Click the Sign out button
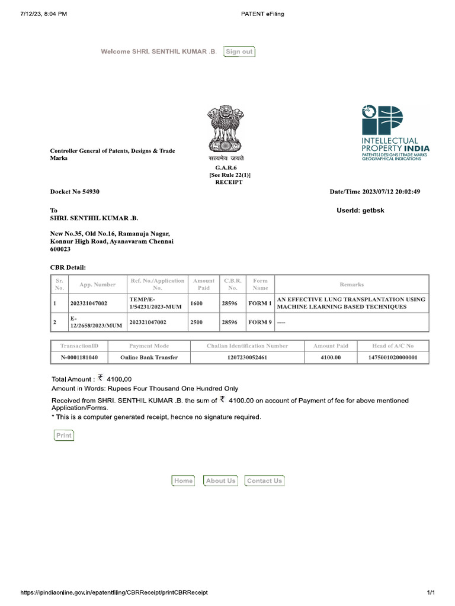(x=239, y=51)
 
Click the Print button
(x=63, y=436)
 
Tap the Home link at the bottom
(x=183, y=481)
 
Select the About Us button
(x=220, y=481)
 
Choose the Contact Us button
(x=264, y=481)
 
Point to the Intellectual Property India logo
(x=395, y=133)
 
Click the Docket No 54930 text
(x=75, y=192)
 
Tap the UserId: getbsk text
(x=360, y=211)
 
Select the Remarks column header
(x=351, y=285)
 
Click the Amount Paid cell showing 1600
(x=196, y=304)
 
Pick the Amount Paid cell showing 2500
(x=196, y=323)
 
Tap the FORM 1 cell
(x=259, y=304)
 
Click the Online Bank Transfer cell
(x=149, y=358)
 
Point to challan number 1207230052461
(x=247, y=358)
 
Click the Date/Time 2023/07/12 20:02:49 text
(x=375, y=192)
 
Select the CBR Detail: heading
(x=68, y=268)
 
